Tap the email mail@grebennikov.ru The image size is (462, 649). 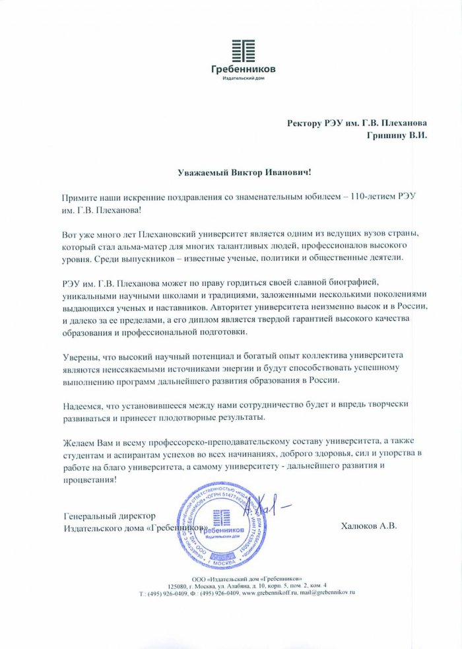tap(330, 593)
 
